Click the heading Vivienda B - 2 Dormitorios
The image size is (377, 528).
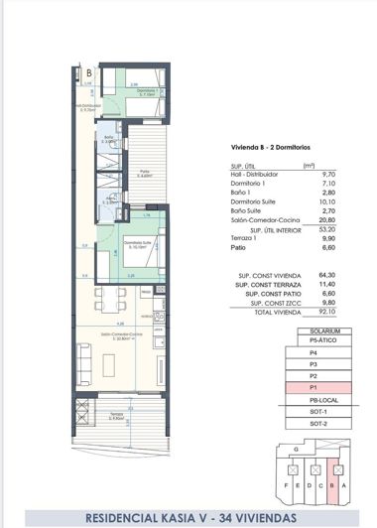pyautogui.click(x=268, y=147)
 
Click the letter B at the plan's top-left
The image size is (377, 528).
pyautogui.click(x=89, y=71)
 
